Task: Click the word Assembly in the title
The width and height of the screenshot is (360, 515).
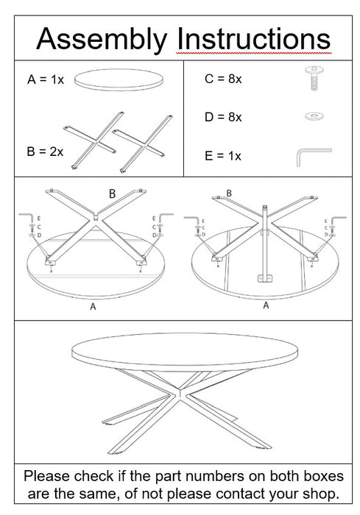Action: click(x=102, y=40)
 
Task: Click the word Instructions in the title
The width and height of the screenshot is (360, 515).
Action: click(x=253, y=39)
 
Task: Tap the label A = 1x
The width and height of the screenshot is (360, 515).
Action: click(x=46, y=79)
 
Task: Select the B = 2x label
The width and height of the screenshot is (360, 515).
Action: click(x=45, y=152)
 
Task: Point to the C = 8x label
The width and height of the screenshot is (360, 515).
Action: click(x=223, y=79)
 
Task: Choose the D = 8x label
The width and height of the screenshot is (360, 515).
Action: click(x=223, y=117)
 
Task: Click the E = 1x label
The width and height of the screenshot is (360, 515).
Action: click(x=223, y=156)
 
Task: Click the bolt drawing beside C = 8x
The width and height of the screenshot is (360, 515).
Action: click(x=314, y=77)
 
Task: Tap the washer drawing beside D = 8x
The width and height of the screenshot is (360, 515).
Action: click(x=314, y=116)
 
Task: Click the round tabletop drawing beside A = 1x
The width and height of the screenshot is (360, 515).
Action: click(x=119, y=79)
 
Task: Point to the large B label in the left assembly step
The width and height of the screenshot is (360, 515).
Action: click(x=112, y=193)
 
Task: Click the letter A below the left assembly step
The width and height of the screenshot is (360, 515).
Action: click(x=93, y=307)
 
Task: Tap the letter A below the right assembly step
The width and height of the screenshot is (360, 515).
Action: click(x=266, y=305)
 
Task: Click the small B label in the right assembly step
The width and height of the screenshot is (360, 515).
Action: click(x=229, y=193)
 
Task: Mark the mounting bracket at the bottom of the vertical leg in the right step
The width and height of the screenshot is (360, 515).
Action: click(x=264, y=279)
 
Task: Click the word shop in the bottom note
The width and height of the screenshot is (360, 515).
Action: click(x=319, y=494)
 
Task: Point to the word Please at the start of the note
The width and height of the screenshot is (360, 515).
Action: click(x=47, y=476)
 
